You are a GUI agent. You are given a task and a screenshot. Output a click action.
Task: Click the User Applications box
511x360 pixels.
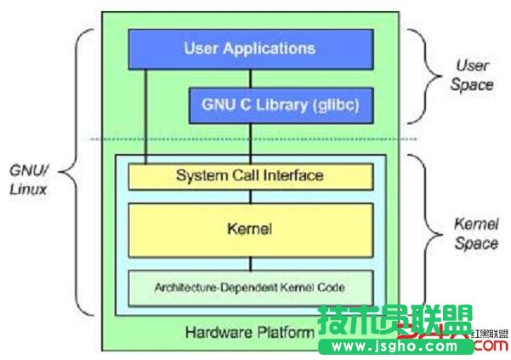point(249,48)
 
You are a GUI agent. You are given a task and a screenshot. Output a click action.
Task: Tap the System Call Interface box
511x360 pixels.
point(250,175)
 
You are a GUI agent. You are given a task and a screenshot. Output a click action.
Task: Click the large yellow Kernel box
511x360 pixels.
point(250,229)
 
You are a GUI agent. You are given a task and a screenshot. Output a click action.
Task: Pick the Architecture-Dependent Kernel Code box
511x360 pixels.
point(250,288)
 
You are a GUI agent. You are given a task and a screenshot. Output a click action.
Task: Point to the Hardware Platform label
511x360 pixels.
point(249,331)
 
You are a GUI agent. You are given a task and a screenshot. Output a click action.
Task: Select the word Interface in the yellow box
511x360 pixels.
point(294,175)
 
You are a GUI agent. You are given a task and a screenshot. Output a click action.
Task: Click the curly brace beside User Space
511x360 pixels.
point(417,76)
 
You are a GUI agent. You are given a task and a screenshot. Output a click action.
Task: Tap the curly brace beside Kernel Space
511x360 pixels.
point(417,231)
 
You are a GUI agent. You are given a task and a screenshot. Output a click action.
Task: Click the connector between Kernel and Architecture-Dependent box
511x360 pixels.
point(249,262)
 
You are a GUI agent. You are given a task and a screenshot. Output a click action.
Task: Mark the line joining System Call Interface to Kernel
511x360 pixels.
point(249,196)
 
